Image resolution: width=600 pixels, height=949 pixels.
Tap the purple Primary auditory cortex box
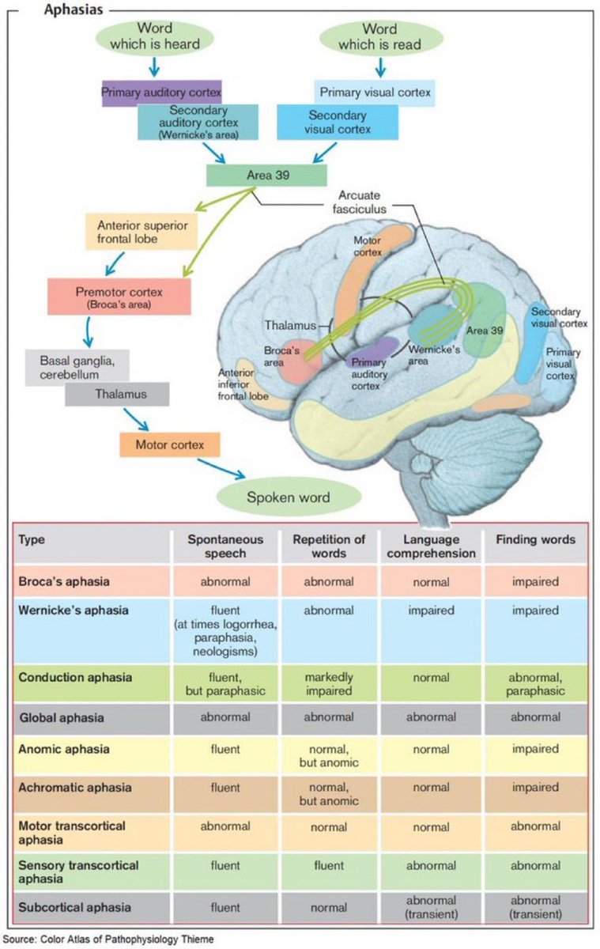(x=160, y=92)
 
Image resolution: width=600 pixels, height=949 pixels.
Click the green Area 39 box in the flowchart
(x=266, y=175)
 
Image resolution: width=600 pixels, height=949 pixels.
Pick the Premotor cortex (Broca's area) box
(x=119, y=296)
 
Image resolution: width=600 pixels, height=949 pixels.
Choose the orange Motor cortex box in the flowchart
(x=169, y=444)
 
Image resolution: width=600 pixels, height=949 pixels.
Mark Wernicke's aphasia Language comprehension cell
(x=431, y=611)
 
